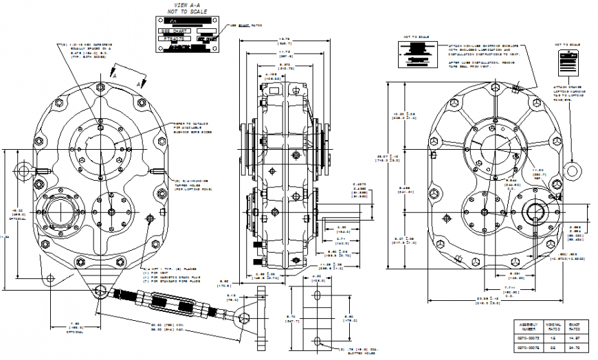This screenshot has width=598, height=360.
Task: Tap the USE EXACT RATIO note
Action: pyautogui.click(x=246, y=25)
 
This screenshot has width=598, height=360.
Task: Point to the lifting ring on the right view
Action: pyautogui.click(x=573, y=169)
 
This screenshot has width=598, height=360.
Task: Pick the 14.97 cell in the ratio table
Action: pyautogui.click(x=574, y=339)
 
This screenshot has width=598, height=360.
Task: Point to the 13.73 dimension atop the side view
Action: pyautogui.click(x=283, y=38)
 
